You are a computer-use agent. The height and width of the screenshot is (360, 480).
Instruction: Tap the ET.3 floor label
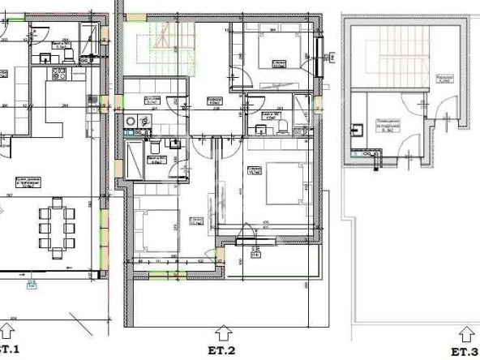point(465,352)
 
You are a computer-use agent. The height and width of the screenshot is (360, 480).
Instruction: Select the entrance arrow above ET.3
point(465,333)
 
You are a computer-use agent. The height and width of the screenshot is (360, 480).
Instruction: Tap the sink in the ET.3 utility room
point(358,127)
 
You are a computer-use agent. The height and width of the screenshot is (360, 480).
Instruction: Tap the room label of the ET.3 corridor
point(443,79)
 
